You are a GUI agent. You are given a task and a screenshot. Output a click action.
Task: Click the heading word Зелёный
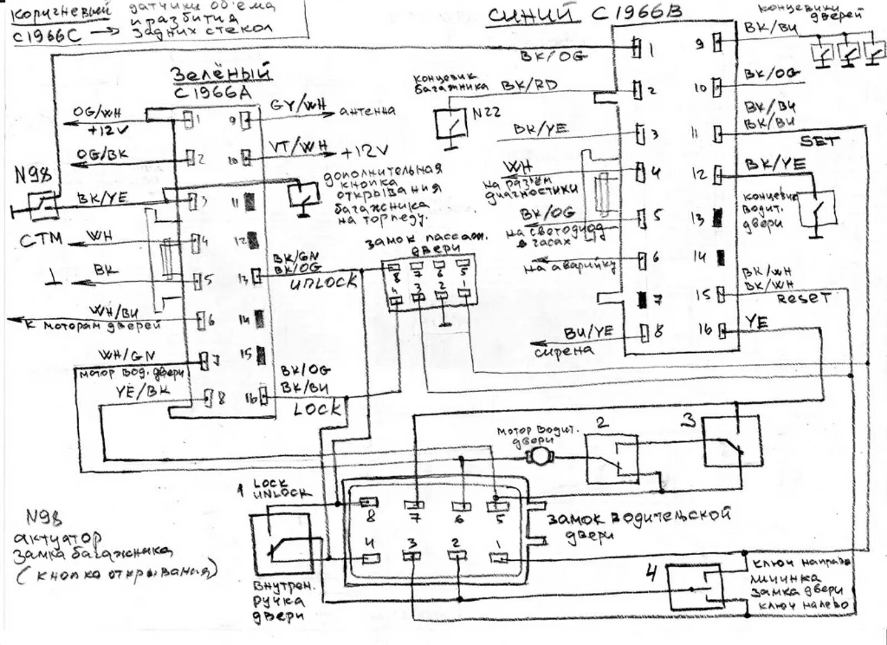(x=220, y=74)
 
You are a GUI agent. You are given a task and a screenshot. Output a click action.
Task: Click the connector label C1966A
(x=213, y=92)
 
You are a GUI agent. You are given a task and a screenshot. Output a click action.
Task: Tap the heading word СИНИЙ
(x=531, y=15)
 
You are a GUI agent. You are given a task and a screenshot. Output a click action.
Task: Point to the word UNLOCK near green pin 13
(x=324, y=282)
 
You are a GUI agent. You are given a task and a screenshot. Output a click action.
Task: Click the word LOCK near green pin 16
(x=317, y=409)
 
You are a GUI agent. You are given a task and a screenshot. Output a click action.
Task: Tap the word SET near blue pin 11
(x=819, y=141)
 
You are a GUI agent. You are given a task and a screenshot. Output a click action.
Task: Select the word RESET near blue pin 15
(x=803, y=298)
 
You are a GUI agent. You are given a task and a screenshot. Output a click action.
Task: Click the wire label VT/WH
(x=298, y=146)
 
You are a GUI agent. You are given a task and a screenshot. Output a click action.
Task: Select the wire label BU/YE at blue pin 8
(x=589, y=332)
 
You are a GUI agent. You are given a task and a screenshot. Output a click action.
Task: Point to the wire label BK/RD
(x=529, y=85)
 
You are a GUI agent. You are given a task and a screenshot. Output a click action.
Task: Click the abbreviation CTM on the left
(x=40, y=240)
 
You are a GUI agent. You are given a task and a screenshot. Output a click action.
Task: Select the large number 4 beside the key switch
(x=652, y=572)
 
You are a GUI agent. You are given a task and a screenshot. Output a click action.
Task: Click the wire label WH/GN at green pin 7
(x=126, y=355)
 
